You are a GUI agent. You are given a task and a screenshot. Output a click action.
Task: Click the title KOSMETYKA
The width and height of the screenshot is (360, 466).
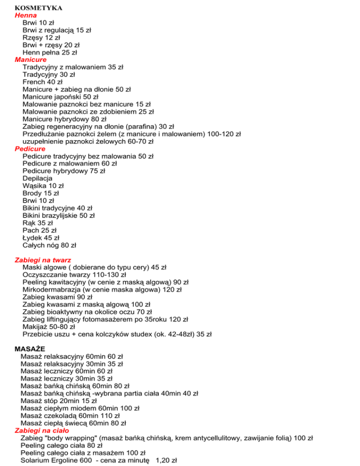click(x=39, y=8)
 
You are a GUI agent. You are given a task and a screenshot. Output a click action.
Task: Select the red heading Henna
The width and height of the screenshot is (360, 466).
click(x=26, y=15)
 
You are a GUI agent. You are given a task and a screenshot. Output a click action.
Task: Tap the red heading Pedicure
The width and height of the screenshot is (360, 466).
click(x=30, y=149)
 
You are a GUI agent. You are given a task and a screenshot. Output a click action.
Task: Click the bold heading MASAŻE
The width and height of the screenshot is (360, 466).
click(x=32, y=349)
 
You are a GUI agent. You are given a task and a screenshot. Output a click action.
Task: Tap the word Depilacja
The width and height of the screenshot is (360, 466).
click(x=37, y=178)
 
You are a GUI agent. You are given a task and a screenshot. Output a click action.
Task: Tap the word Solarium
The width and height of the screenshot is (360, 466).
click(x=36, y=460)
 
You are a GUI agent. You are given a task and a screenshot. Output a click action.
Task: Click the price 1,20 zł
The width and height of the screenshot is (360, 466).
click(x=165, y=460)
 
